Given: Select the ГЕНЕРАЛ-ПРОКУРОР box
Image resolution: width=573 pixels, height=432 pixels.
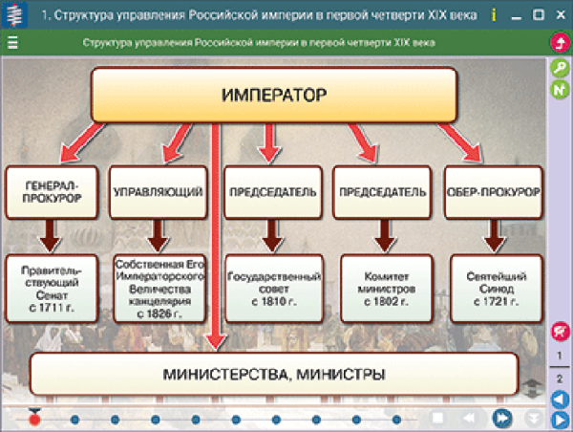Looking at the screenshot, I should pyautogui.click(x=52, y=191).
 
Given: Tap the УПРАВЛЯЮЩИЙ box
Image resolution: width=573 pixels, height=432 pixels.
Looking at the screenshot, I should pyautogui.click(x=158, y=191).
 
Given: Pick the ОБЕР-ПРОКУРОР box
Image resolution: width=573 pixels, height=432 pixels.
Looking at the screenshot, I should pyautogui.click(x=493, y=191).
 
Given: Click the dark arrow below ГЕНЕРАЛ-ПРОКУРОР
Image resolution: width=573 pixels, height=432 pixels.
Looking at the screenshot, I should pyautogui.click(x=52, y=234).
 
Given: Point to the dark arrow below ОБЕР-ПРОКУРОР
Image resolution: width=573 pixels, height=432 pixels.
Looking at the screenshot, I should pyautogui.click(x=493, y=234).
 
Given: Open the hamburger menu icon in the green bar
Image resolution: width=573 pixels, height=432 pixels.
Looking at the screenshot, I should pyautogui.click(x=12, y=43).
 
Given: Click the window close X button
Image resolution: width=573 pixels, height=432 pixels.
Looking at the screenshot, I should pyautogui.click(x=559, y=15).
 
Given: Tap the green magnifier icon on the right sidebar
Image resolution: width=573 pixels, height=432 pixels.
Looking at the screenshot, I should pyautogui.click(x=560, y=68).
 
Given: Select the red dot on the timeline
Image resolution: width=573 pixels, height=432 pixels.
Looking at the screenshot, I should pyautogui.click(x=34, y=419).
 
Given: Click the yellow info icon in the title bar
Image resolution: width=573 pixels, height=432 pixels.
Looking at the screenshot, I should pyautogui.click(x=493, y=15).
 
